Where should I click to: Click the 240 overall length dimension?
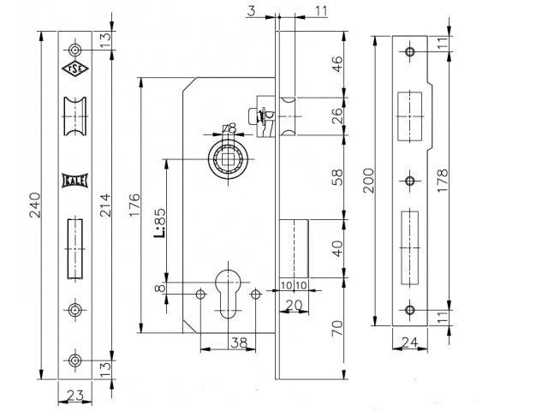[35, 205]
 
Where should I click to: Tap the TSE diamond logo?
[74, 68]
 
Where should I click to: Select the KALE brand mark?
[74, 181]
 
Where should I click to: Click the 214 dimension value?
[104, 205]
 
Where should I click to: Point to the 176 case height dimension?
[134, 205]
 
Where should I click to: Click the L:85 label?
[159, 223]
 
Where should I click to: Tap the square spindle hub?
[229, 159]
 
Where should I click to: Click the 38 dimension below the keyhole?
[240, 342]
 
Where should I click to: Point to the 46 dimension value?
[337, 63]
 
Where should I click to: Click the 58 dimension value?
[337, 177]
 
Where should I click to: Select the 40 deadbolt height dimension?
[337, 248]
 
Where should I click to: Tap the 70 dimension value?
[337, 329]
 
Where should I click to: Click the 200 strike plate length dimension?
[369, 181]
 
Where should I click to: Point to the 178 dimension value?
[442, 181]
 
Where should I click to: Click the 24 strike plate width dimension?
[409, 342]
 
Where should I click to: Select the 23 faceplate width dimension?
[74, 396]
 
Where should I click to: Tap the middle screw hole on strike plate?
[409, 181]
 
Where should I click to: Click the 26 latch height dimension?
[337, 116]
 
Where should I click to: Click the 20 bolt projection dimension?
[294, 306]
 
